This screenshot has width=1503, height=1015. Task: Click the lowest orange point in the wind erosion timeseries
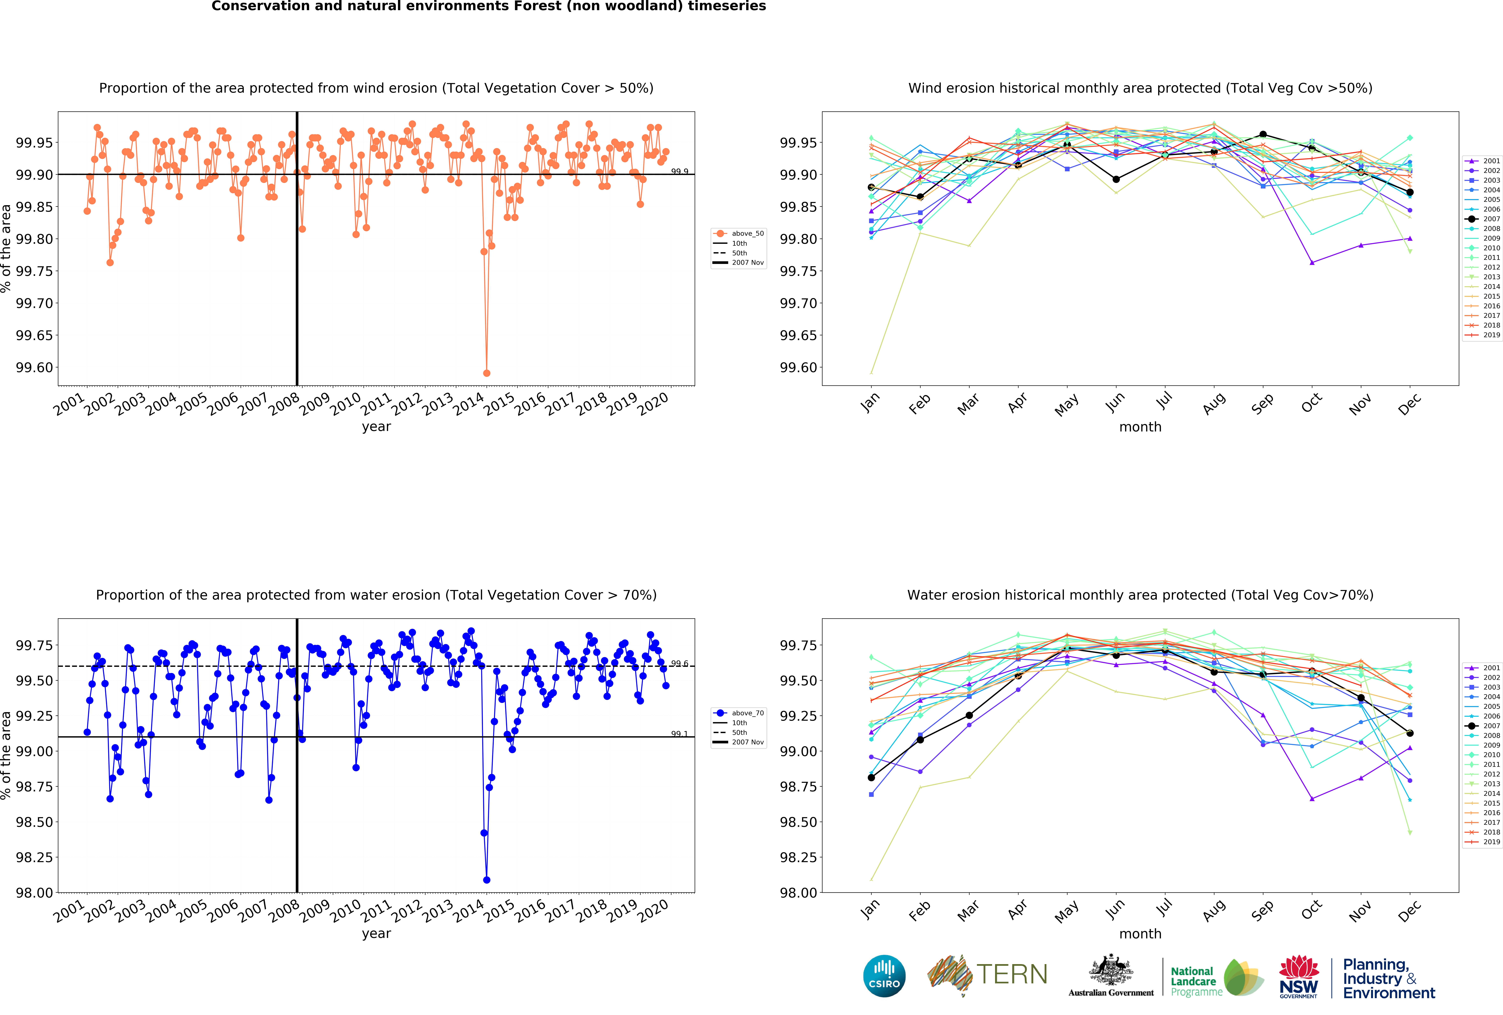coord(486,373)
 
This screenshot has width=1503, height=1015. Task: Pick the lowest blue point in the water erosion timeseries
coord(486,880)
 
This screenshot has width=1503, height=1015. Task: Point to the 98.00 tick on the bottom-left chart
coord(34,893)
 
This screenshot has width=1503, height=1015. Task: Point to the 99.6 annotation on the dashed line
coord(679,663)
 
